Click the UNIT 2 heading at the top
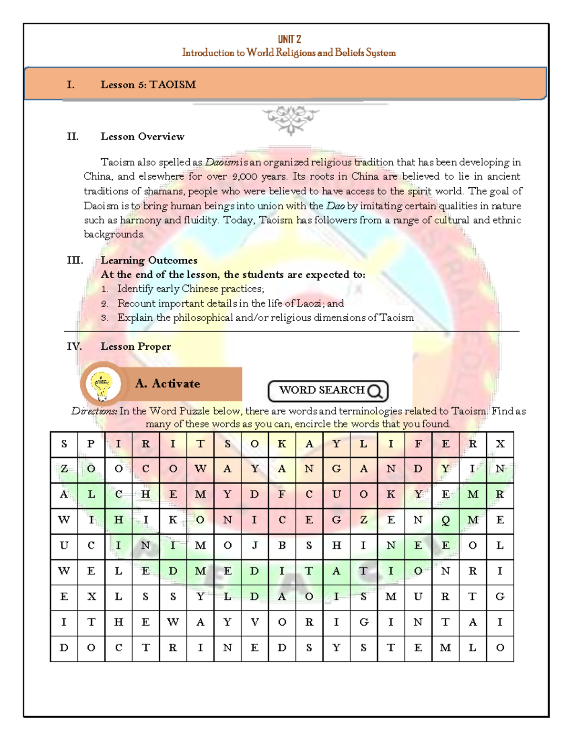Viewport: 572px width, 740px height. [x=289, y=39]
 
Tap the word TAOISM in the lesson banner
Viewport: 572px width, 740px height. [x=173, y=85]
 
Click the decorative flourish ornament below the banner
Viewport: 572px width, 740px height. [x=291, y=119]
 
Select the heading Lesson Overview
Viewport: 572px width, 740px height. [x=142, y=137]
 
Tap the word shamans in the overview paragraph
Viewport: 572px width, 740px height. [x=164, y=192]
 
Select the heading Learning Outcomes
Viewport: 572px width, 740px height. [x=149, y=261]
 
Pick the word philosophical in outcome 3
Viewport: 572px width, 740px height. [x=203, y=318]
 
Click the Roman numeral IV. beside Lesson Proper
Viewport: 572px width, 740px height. [x=74, y=346]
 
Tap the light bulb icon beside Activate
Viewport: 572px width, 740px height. [x=102, y=384]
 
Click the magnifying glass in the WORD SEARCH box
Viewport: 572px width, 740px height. [x=376, y=391]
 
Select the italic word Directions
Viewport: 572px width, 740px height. [x=94, y=411]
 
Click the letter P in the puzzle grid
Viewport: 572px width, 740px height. [x=91, y=444]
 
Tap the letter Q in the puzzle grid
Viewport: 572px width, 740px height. [x=445, y=520]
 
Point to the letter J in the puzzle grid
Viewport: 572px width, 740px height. [x=255, y=546]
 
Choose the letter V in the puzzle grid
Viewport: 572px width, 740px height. [x=255, y=622]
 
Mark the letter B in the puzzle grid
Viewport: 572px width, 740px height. [x=282, y=546]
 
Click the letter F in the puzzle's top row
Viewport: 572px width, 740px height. [x=418, y=444]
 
